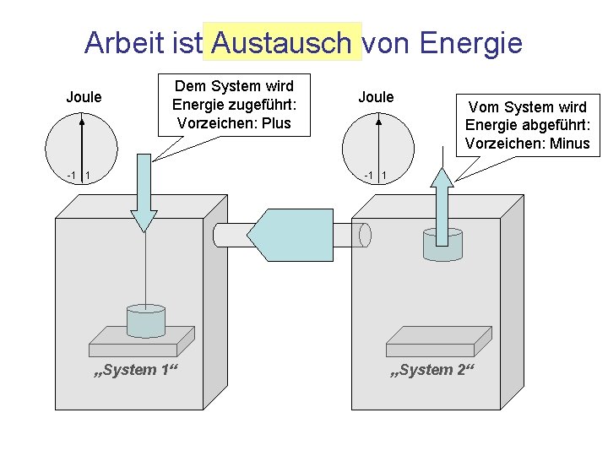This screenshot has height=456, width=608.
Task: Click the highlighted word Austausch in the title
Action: point(282,42)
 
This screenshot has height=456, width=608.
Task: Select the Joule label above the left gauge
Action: point(84,97)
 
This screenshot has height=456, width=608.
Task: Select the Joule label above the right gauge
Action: point(376,97)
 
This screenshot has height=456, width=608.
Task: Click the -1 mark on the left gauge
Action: point(72,176)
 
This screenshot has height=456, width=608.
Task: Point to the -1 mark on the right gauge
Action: point(369,176)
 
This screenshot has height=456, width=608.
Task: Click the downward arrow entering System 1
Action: point(144,194)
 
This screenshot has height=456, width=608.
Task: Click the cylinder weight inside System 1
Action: point(144,320)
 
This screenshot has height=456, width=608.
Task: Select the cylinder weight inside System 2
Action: point(442,245)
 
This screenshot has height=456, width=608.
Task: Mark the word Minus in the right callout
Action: point(568,143)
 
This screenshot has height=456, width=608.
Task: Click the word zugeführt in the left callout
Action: point(261,105)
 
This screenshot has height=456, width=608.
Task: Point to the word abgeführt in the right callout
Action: point(552,125)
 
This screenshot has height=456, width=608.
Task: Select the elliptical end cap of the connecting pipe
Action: point(365,235)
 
